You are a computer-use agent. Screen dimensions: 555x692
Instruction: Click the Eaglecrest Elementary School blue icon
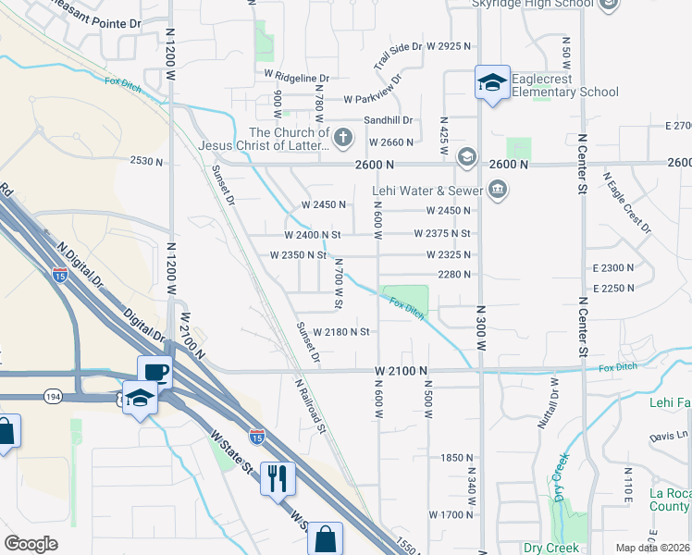coord(492,83)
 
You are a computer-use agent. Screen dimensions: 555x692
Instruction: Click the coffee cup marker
coord(155,373)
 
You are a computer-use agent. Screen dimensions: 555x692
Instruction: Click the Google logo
coord(31,544)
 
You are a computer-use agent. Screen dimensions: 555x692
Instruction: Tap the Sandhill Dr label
coord(388,120)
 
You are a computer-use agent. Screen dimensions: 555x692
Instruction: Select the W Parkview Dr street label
coord(372,99)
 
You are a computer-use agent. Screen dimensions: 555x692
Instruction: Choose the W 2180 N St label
coord(341,331)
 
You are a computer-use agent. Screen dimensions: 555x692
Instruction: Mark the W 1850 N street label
coord(457,458)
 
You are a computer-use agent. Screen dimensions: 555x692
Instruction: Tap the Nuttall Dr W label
coord(549,403)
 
